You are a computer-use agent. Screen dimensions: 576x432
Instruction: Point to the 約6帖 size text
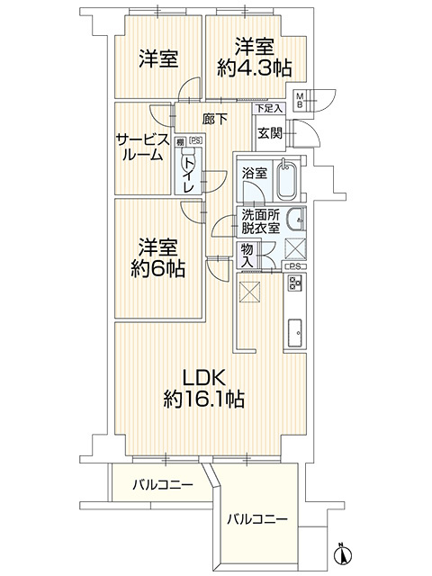click(157, 268)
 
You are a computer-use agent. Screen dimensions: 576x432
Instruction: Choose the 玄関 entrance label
click(269, 133)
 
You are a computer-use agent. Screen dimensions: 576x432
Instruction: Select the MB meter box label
click(301, 100)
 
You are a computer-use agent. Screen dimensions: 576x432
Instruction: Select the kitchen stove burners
click(294, 286)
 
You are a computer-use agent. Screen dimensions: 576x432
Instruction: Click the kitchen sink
click(294, 334)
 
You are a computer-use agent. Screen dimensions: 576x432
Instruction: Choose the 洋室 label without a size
click(158, 59)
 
